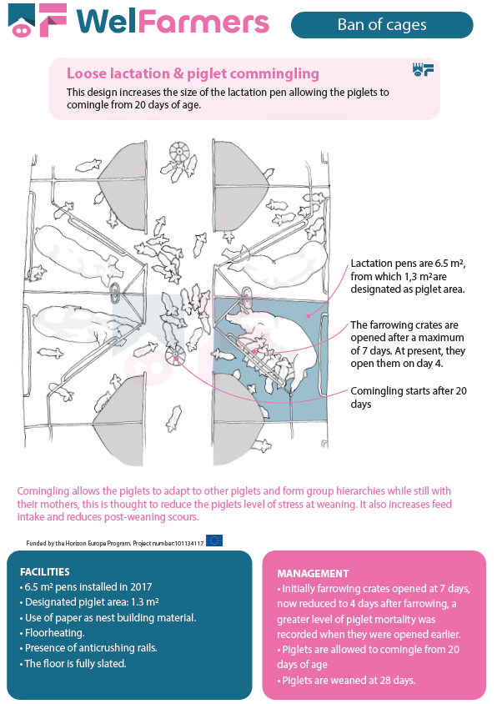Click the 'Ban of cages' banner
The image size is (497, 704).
(x=382, y=25)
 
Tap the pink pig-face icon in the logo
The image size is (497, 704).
(x=22, y=31)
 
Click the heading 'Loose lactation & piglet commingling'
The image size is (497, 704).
(x=193, y=73)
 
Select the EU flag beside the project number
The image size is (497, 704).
(x=214, y=541)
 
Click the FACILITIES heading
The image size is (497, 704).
(x=45, y=571)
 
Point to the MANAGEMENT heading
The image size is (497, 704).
(x=313, y=573)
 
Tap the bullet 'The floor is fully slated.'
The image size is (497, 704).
(x=73, y=663)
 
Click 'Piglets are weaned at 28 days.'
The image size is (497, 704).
(x=346, y=680)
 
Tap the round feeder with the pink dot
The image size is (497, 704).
(x=174, y=356)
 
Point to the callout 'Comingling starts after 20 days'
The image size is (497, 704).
(x=409, y=397)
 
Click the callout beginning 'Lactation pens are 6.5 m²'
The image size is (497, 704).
(x=408, y=276)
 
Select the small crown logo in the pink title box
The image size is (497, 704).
(x=423, y=69)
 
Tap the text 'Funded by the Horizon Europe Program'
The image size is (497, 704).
(x=78, y=543)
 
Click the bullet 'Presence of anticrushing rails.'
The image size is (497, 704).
(x=88, y=648)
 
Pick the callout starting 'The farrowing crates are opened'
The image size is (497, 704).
(x=408, y=344)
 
